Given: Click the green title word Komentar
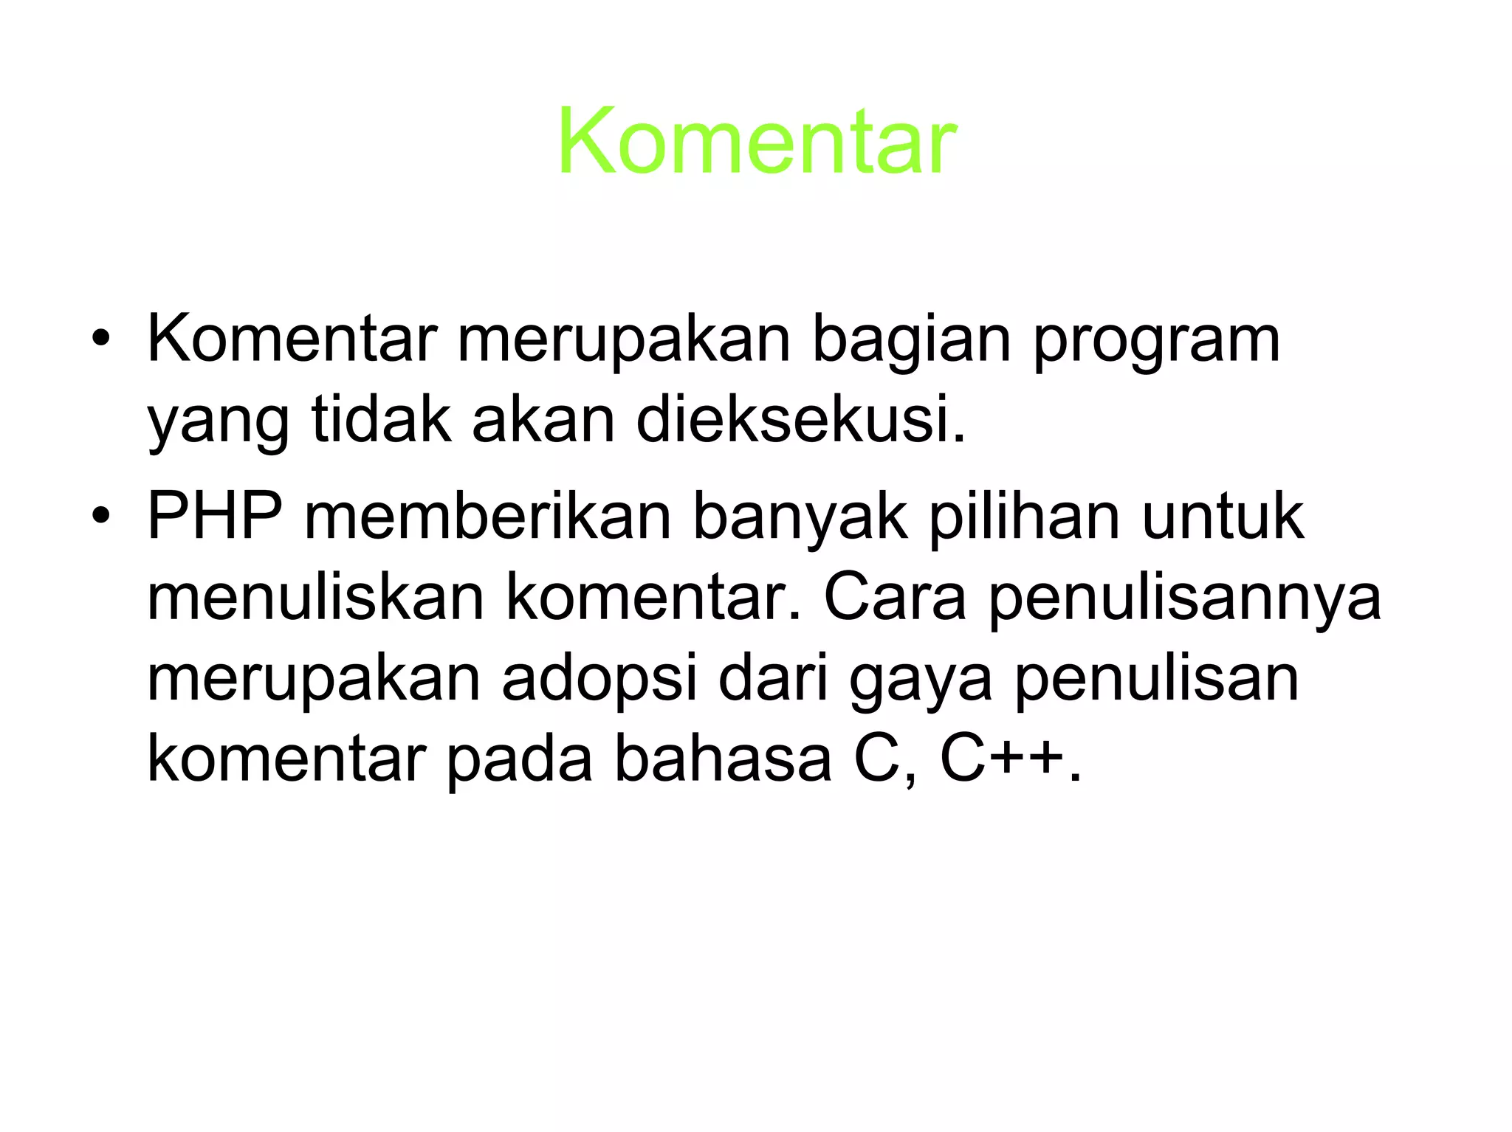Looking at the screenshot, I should pyautogui.click(x=757, y=141).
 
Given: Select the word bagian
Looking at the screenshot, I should pyautogui.click(x=911, y=341).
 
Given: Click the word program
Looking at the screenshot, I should pyautogui.click(x=1156, y=341).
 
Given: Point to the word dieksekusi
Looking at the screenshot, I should pyautogui.click(x=800, y=420).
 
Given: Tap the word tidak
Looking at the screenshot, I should pyautogui.click(x=381, y=420).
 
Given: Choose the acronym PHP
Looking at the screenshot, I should pyautogui.click(x=215, y=516).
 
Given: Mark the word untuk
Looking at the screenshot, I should pyautogui.click(x=1223, y=516).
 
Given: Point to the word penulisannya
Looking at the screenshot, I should pyautogui.click(x=1184, y=598).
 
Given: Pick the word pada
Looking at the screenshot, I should pyautogui.click(x=520, y=760).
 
